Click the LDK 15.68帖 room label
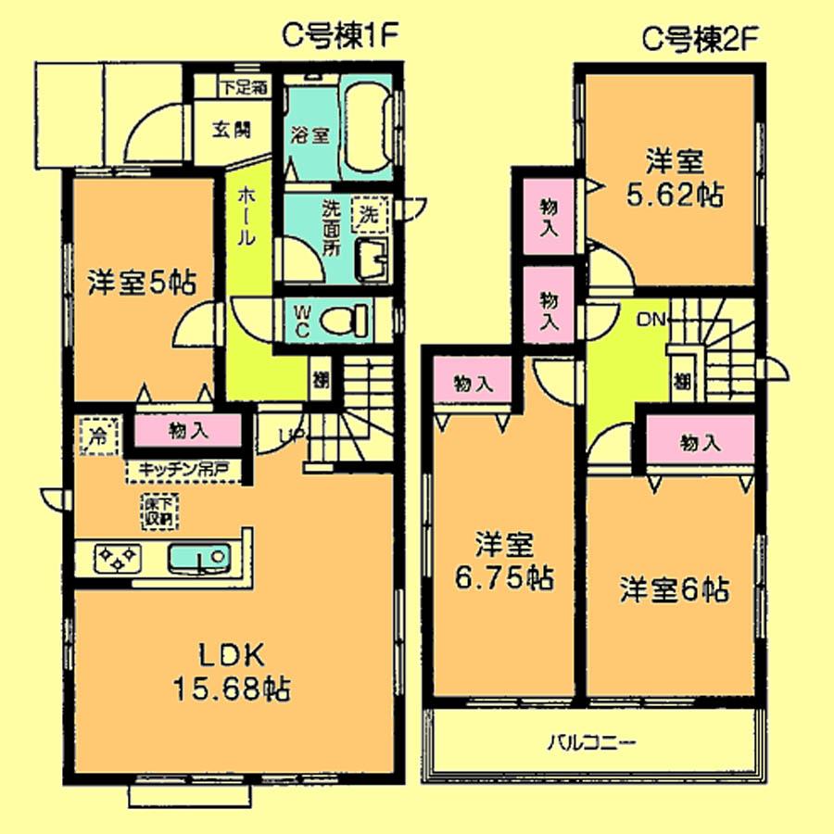tap(232, 672)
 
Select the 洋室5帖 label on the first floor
tap(142, 283)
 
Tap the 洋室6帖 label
tap(674, 589)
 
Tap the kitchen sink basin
tap(198, 559)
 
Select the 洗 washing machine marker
tap(369, 213)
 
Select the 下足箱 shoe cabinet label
tap(244, 90)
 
